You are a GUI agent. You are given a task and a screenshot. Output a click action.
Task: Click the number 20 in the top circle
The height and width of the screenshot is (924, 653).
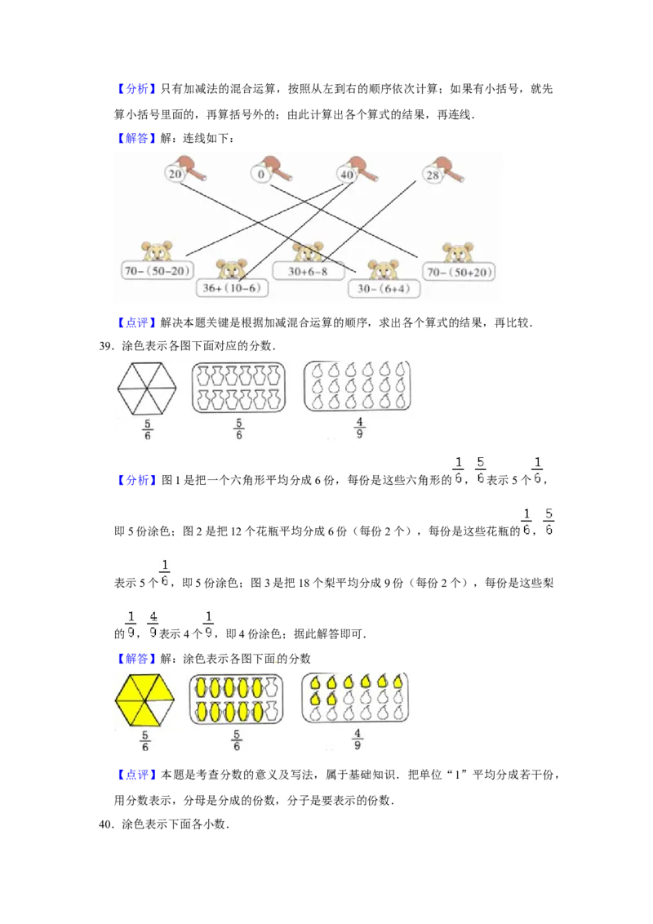pyautogui.click(x=175, y=174)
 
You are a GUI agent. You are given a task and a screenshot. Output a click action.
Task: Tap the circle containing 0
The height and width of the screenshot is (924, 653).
pyautogui.click(x=261, y=174)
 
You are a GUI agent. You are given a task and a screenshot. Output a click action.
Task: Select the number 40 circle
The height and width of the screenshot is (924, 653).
pyautogui.click(x=347, y=175)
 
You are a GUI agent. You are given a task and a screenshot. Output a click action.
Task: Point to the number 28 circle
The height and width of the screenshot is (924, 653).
pyautogui.click(x=433, y=175)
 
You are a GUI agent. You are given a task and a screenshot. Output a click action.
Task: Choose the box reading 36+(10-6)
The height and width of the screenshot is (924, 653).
pyautogui.click(x=233, y=288)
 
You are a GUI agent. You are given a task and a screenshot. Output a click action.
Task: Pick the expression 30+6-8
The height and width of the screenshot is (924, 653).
pyautogui.click(x=307, y=271)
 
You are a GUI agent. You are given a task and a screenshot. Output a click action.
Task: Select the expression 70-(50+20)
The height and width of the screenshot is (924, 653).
pyautogui.click(x=459, y=272)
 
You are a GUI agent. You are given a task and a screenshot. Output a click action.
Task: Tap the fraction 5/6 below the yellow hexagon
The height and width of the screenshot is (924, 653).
pyautogui.click(x=144, y=740)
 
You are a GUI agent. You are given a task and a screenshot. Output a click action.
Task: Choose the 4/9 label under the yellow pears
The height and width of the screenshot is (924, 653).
pyautogui.click(x=357, y=739)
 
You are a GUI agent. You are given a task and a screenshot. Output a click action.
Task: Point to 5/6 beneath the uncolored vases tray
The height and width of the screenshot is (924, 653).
pyautogui.click(x=238, y=429)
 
